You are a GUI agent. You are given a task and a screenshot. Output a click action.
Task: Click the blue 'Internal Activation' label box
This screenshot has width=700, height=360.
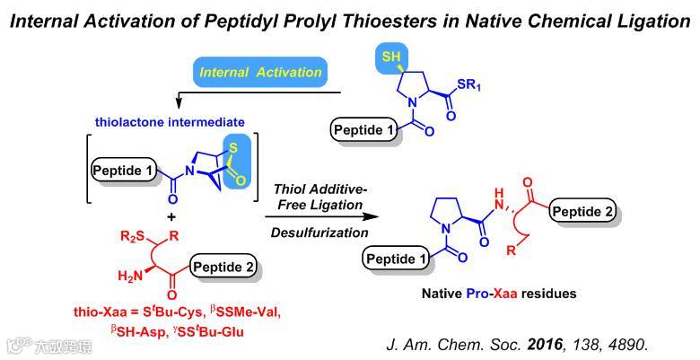coord(258,69)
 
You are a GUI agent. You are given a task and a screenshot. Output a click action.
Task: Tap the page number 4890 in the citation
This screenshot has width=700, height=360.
coord(649,344)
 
